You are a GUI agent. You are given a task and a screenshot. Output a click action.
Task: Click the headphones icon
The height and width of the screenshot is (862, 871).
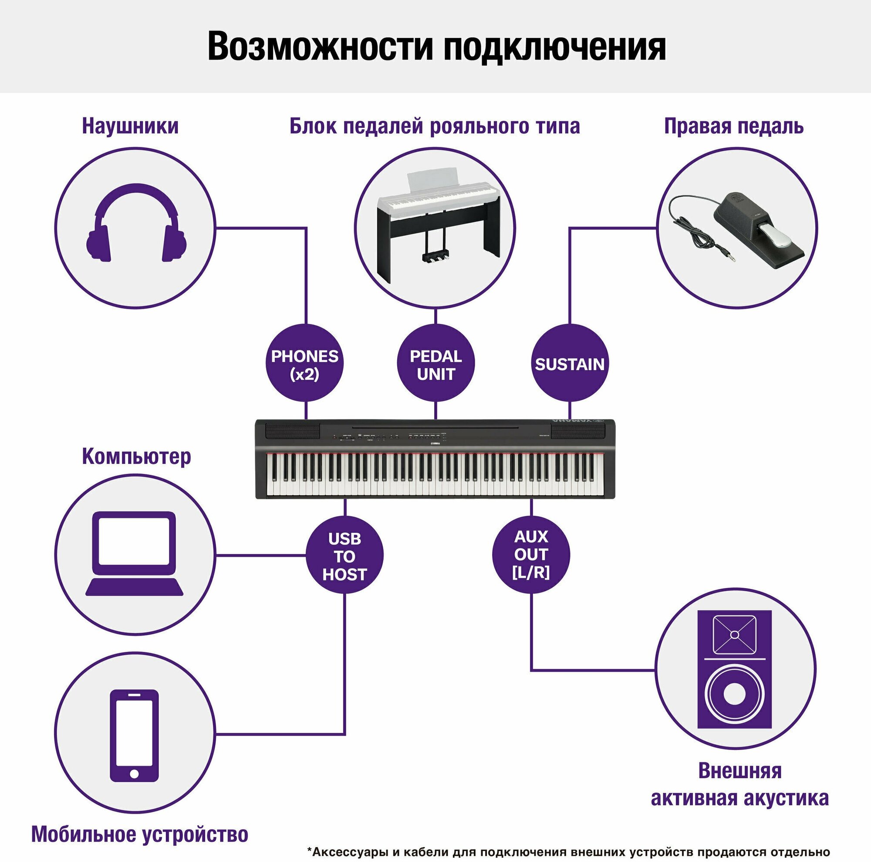[136, 223]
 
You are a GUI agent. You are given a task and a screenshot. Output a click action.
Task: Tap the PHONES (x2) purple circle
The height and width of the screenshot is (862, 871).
[305, 364]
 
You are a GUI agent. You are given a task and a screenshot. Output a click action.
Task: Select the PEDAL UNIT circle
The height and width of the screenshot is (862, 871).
[435, 364]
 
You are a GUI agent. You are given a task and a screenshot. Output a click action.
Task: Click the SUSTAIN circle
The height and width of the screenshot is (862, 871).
[569, 364]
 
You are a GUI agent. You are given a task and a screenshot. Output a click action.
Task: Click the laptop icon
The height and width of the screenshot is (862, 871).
[134, 554]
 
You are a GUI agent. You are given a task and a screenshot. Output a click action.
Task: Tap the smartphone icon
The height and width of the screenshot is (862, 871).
[134, 735]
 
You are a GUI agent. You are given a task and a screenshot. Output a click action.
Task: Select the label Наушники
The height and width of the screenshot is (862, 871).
[130, 127]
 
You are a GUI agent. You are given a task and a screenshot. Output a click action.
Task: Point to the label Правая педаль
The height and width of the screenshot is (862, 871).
[733, 127]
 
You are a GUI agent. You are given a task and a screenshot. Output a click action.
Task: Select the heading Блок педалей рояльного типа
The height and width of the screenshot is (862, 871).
[435, 127]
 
